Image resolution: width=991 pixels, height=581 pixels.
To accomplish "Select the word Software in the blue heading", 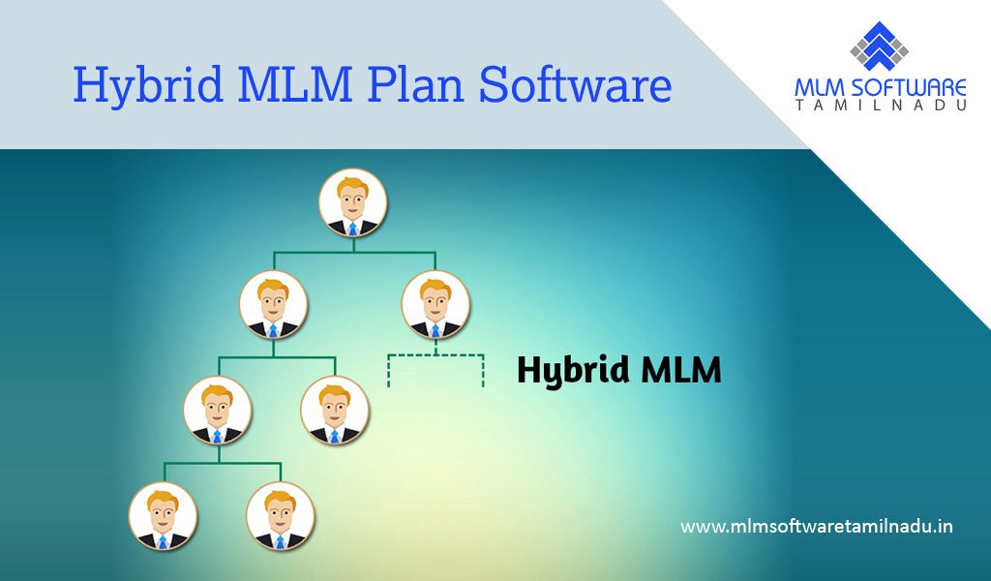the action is [x=575, y=83].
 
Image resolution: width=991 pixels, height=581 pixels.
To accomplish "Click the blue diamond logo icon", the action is [x=879, y=46].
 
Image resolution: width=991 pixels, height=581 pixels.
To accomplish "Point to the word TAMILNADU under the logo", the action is [x=881, y=106].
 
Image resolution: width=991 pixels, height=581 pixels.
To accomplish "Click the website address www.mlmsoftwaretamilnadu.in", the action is [x=817, y=526].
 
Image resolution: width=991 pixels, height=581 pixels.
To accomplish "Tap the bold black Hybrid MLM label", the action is [x=618, y=370].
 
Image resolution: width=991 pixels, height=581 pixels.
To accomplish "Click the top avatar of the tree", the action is [x=352, y=203].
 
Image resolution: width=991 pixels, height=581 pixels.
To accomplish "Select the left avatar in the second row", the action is [x=273, y=304].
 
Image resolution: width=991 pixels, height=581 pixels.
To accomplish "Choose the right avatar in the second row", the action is [x=435, y=304].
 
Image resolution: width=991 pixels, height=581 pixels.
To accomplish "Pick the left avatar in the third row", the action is [x=218, y=410].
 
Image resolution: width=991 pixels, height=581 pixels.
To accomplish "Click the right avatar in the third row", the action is [x=334, y=410].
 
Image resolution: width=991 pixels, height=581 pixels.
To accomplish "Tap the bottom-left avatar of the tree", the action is [x=163, y=516].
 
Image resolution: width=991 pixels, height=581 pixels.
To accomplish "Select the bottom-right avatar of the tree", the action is [x=280, y=516].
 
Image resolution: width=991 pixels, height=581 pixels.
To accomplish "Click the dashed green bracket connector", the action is [x=435, y=355].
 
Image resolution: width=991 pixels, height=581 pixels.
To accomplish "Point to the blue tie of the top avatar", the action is [x=352, y=229].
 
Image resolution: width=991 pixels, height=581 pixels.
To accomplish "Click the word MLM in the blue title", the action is [x=294, y=83].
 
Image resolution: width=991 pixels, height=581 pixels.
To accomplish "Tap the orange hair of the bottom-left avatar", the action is [x=163, y=500].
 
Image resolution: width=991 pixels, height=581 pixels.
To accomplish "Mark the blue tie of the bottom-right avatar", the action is [x=280, y=542].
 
